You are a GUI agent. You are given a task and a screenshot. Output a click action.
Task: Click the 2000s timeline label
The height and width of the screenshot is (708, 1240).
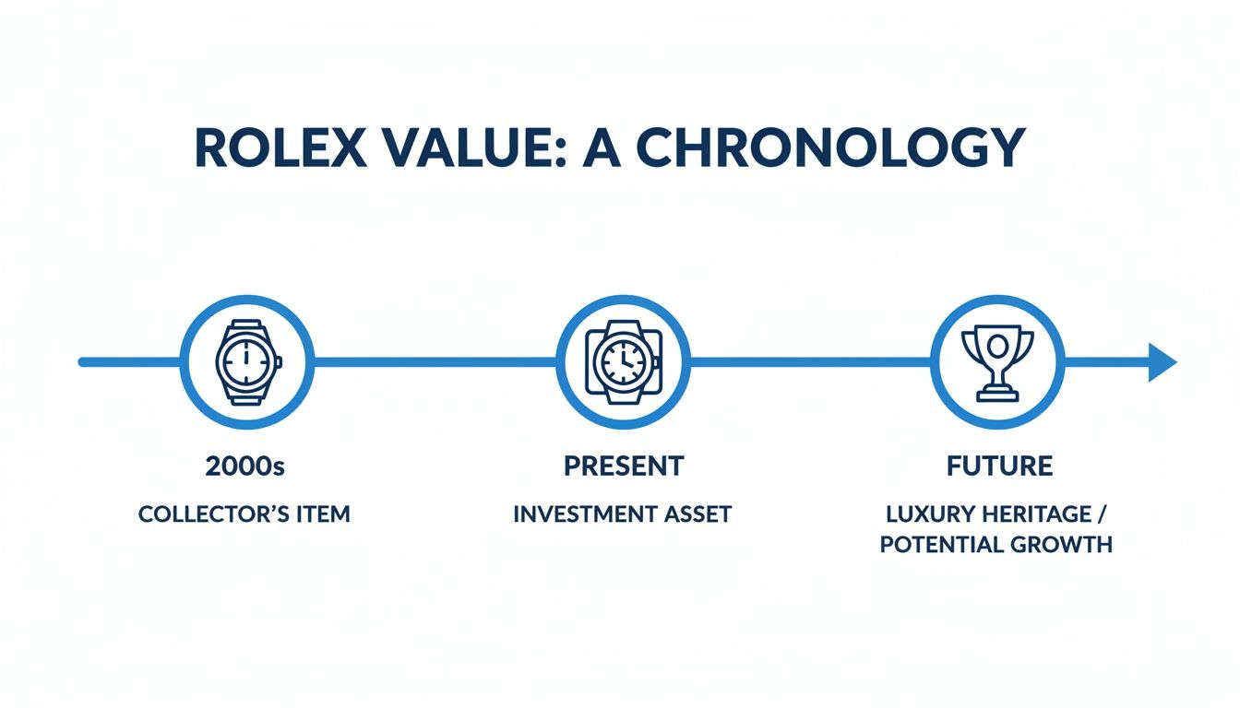[244, 466]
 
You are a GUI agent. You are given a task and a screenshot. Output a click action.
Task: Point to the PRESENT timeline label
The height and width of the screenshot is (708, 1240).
[624, 466]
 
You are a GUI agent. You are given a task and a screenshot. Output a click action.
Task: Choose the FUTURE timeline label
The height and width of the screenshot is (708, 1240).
[999, 466]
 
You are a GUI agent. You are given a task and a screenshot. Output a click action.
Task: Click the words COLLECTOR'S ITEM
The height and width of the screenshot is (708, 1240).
[244, 513]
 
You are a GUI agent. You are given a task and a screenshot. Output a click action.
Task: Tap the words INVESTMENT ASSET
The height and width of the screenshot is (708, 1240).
[622, 513]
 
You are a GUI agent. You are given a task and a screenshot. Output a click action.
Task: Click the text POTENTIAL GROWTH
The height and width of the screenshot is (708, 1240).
[996, 544]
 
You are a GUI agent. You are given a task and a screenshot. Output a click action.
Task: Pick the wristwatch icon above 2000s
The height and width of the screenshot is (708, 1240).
[246, 362]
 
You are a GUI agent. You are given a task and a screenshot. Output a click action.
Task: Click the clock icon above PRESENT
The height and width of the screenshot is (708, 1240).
[623, 362]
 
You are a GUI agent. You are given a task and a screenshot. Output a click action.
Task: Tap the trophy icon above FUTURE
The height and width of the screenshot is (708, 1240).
[997, 362]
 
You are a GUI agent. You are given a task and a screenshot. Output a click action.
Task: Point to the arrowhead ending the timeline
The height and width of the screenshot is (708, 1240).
[1162, 362]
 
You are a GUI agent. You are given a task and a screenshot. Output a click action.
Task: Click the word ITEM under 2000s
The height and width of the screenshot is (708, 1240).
[323, 513]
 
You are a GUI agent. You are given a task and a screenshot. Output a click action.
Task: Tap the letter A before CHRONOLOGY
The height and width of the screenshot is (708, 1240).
[604, 147]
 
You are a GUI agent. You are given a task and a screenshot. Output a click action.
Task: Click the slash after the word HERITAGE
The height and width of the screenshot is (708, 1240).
[1103, 513]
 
